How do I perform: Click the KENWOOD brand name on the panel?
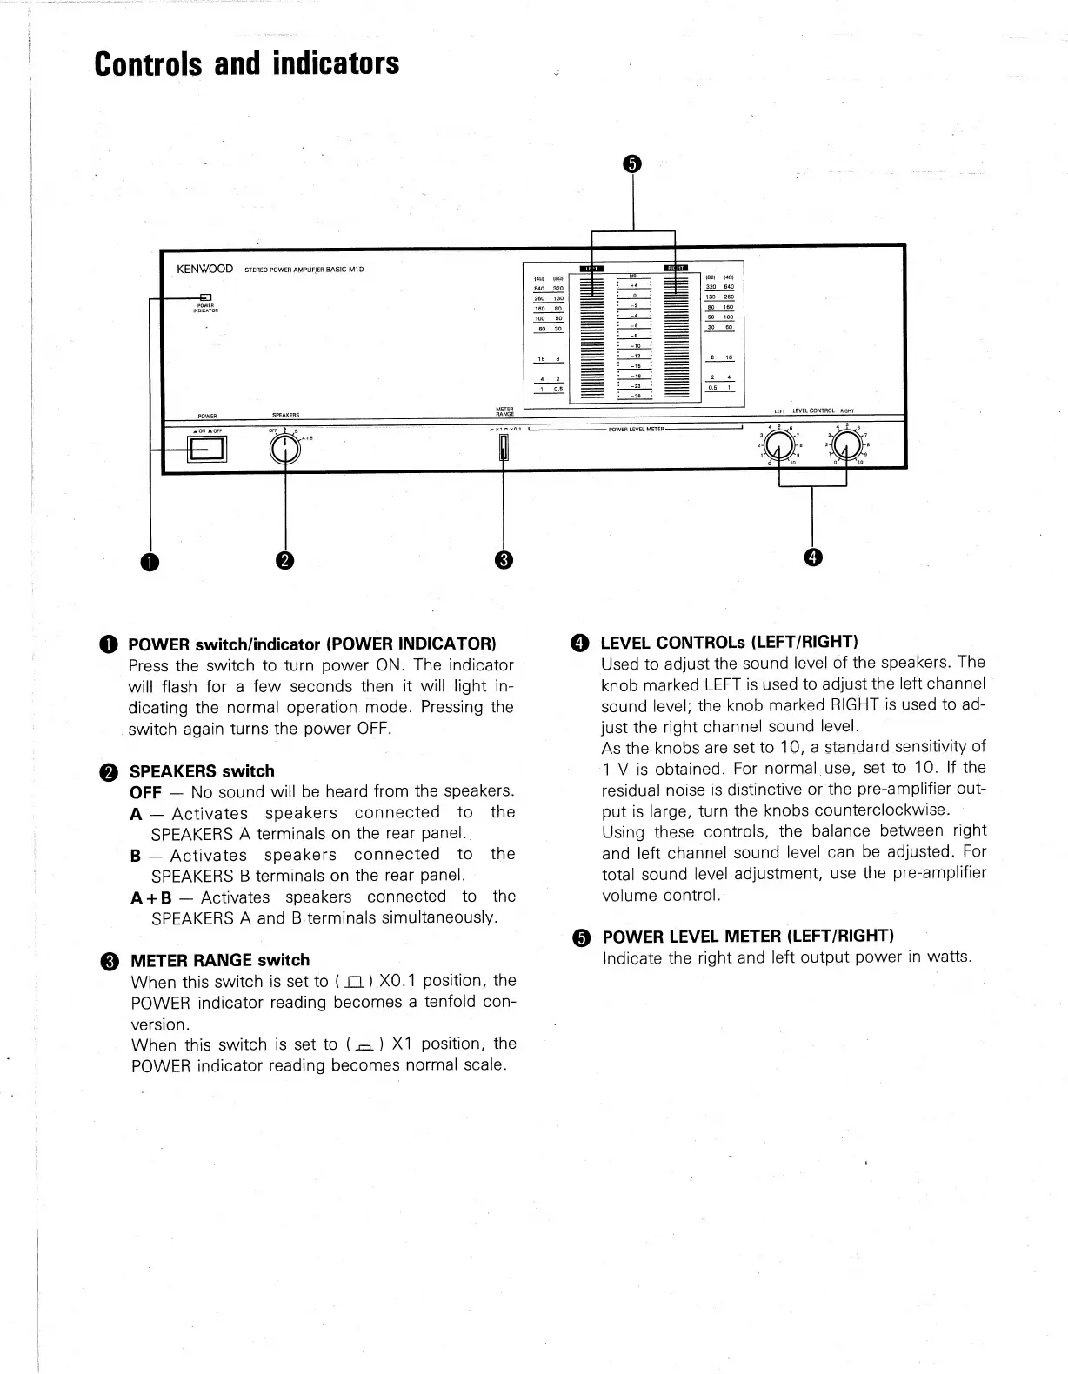coord(204,269)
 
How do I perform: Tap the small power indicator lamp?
coord(206,297)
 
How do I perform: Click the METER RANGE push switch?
coord(503,449)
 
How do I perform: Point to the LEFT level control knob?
coord(781,446)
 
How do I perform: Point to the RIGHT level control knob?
coord(849,446)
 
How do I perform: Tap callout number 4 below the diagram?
coord(812,557)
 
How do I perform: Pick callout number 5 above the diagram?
coord(632,164)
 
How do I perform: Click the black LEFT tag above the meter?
coord(591,268)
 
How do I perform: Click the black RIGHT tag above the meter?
coord(676,268)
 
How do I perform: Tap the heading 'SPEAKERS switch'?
coord(202,771)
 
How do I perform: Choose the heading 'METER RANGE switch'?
coord(219,960)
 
